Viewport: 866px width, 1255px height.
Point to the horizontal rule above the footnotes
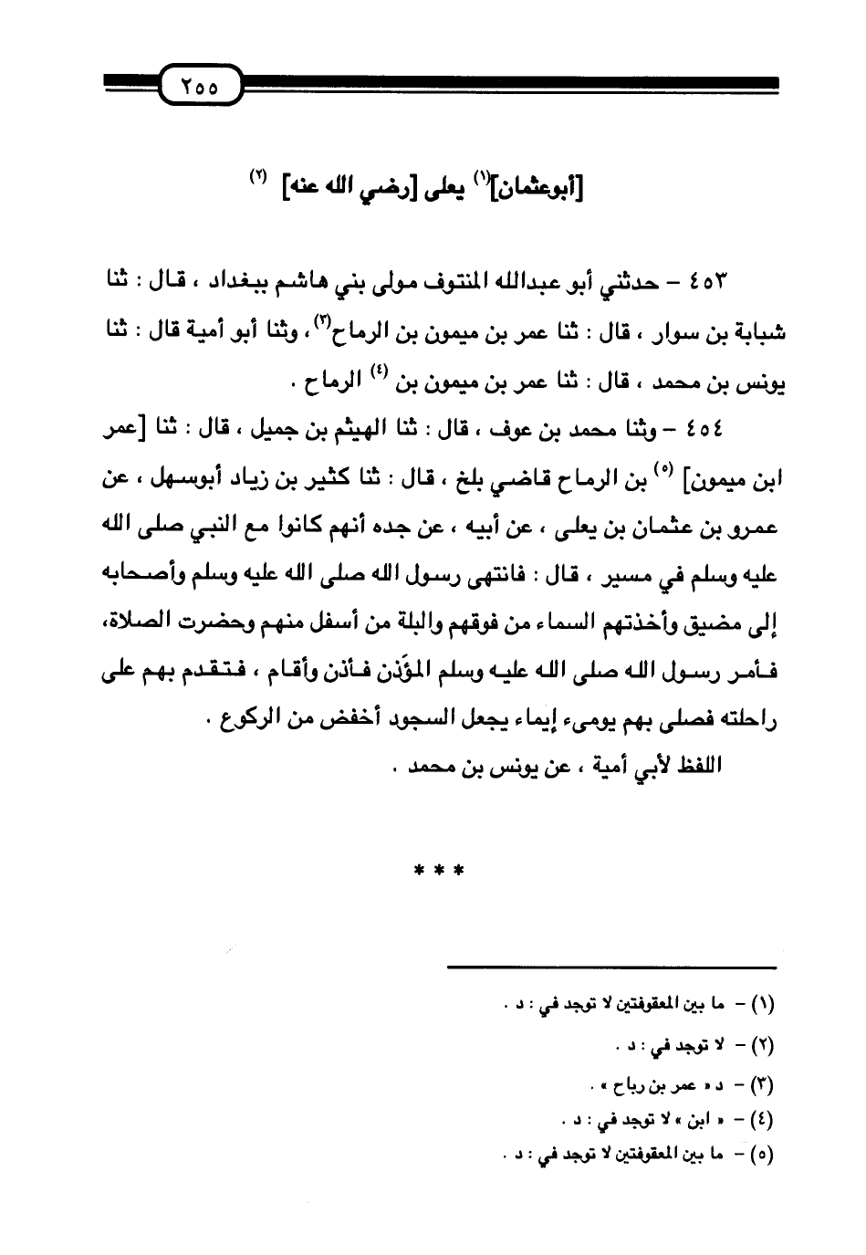pyautogui.click(x=611, y=966)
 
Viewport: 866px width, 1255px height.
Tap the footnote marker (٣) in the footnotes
pyautogui.click(x=760, y=1085)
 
